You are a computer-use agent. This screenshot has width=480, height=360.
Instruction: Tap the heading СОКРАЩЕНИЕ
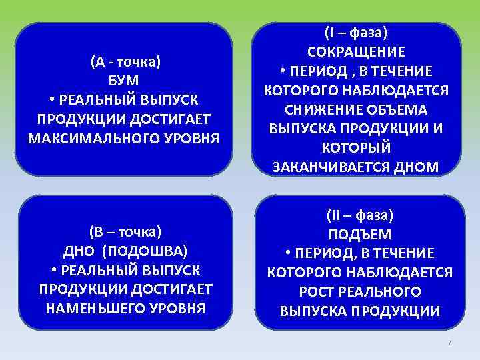click(x=356, y=52)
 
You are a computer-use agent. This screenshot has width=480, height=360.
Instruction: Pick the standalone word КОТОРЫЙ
click(x=356, y=147)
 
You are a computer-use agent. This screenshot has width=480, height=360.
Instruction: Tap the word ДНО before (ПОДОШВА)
click(x=77, y=251)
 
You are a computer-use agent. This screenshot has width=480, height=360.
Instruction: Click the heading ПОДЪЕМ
click(x=359, y=235)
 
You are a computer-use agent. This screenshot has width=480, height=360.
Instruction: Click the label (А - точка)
click(x=125, y=62)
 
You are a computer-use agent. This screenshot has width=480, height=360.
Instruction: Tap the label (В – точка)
click(x=125, y=231)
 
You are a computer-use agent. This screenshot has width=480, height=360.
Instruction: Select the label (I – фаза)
click(x=356, y=33)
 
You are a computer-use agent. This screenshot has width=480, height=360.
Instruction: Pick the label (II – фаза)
click(x=359, y=215)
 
